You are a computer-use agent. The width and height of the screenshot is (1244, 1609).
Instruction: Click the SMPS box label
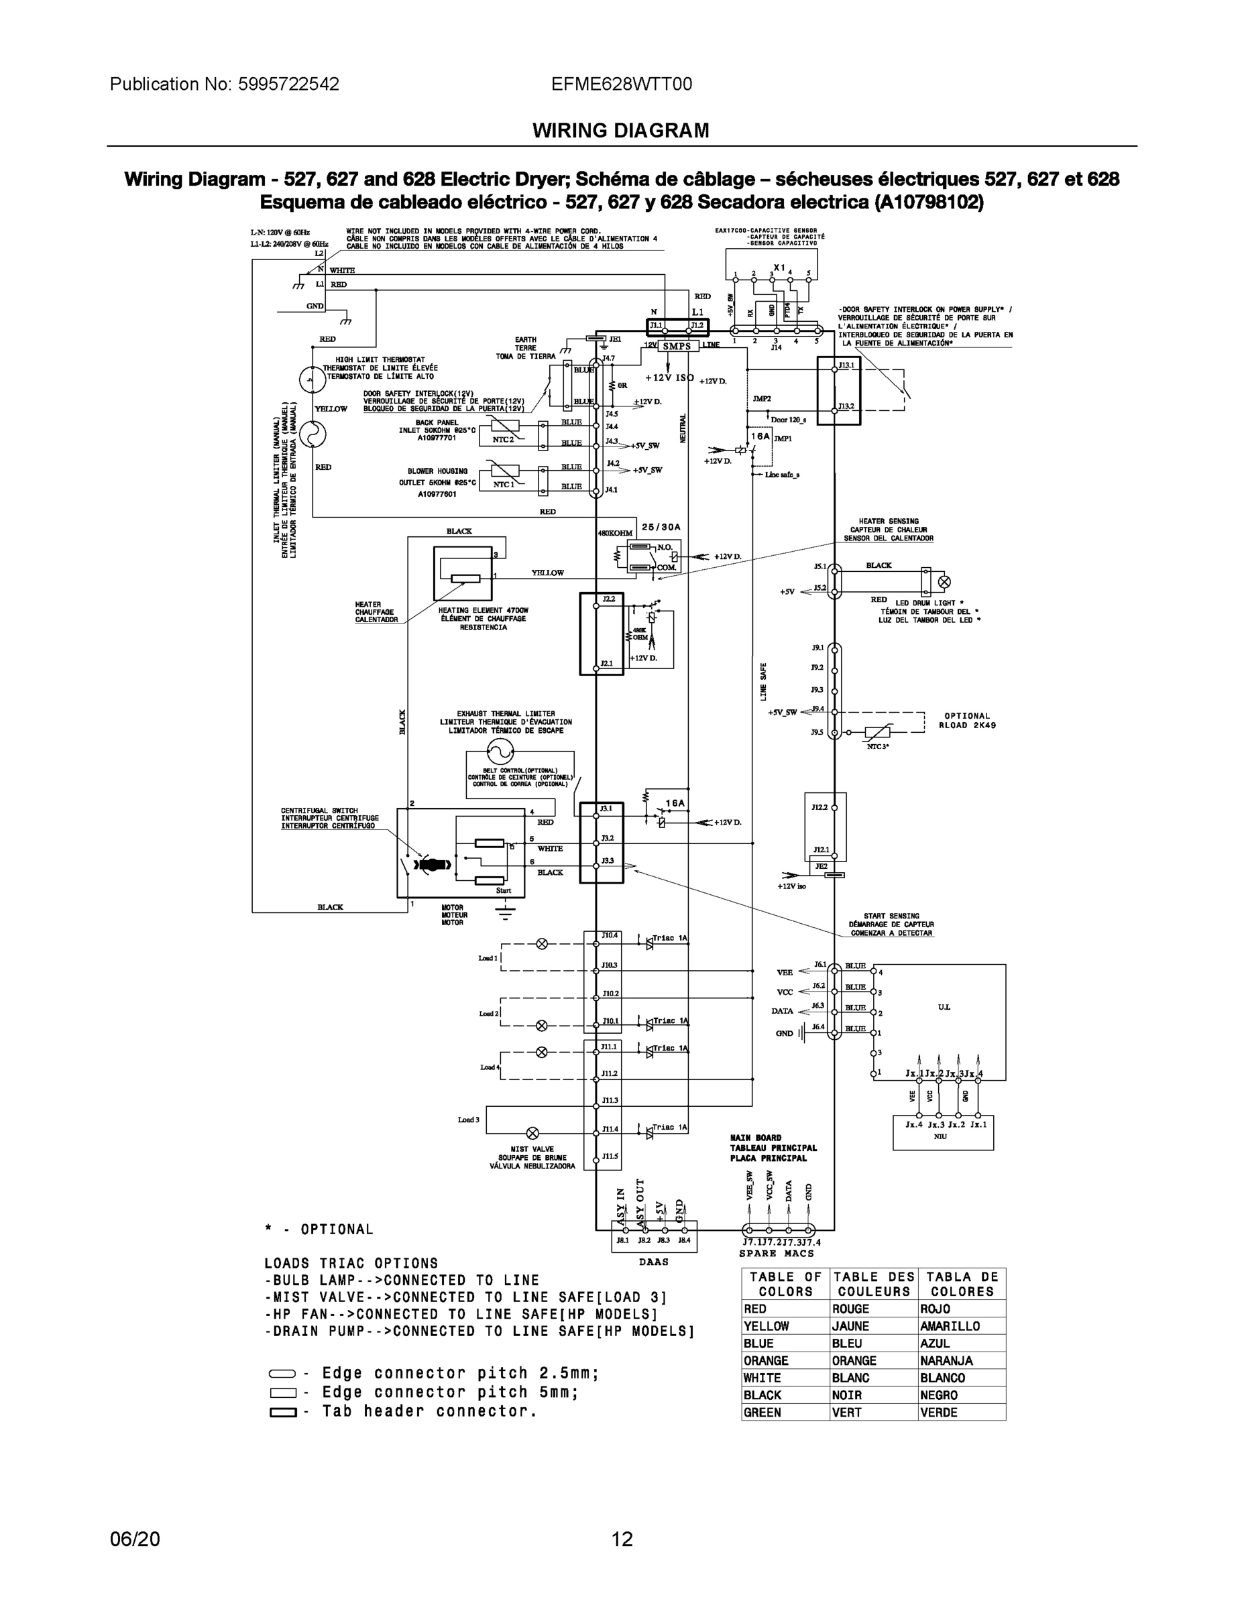[677, 345]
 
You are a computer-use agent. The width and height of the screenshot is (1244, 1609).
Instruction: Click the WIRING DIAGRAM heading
[620, 131]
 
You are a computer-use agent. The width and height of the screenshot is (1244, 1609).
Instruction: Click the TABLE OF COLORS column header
[785, 1284]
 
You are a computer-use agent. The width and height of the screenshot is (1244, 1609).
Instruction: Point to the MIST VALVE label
[532, 1149]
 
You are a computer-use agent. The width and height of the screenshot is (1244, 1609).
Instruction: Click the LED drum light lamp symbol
[944, 582]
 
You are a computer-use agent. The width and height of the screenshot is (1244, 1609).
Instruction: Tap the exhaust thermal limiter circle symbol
[500, 752]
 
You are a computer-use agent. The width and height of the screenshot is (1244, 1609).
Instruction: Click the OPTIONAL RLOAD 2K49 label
[967, 720]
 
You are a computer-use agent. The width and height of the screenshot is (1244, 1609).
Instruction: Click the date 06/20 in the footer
[134, 1539]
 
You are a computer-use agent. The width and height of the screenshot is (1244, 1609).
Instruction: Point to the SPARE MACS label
[777, 1253]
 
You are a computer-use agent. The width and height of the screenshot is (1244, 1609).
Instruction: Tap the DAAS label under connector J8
[654, 1261]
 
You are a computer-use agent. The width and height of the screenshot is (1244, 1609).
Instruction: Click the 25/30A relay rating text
[661, 527]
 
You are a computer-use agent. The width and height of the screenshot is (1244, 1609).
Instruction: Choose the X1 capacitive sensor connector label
[779, 267]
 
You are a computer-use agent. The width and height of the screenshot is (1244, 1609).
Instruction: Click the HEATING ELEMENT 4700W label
[483, 610]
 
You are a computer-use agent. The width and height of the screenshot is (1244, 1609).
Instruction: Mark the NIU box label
[940, 1136]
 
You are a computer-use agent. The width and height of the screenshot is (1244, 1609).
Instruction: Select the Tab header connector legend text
[429, 1411]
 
